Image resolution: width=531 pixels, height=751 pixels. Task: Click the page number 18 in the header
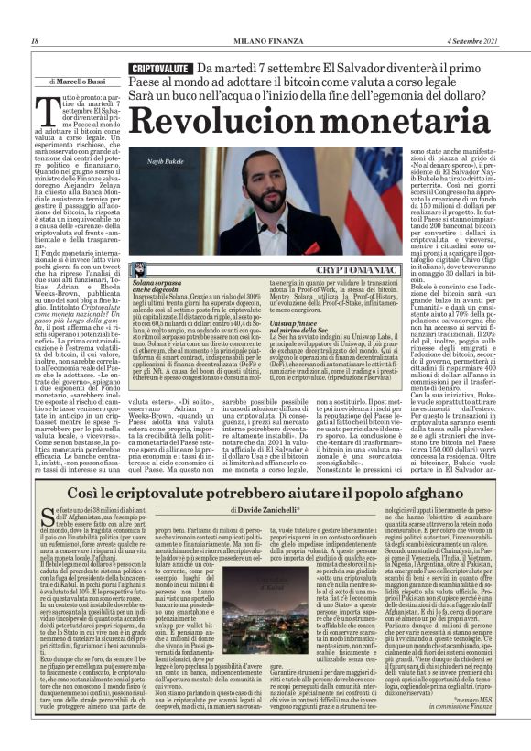[34, 42]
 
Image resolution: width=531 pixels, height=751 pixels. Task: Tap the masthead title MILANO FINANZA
[265, 42]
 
